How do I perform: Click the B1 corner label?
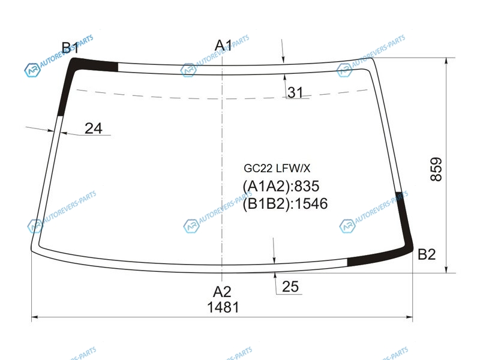pos(70,48)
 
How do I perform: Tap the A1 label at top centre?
pos(223,46)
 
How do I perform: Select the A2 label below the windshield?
pos(222,292)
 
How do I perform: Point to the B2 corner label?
pos(427,254)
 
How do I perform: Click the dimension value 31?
pos(295,92)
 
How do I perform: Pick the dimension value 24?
pos(94,128)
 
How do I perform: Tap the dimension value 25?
pos(290,287)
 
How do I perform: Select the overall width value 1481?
pos(223,307)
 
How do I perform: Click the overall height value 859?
pos(436,169)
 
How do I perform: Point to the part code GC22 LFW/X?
pos(277,168)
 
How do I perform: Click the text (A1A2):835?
pos(281,186)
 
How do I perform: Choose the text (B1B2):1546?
pos(285,203)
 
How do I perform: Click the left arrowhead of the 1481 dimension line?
pos(35,317)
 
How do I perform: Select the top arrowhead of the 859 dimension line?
pos(446,61)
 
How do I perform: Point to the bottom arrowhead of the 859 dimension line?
pos(446,269)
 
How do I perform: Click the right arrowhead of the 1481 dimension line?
pos(409,317)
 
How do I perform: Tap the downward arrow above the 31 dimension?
pos(283,52)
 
